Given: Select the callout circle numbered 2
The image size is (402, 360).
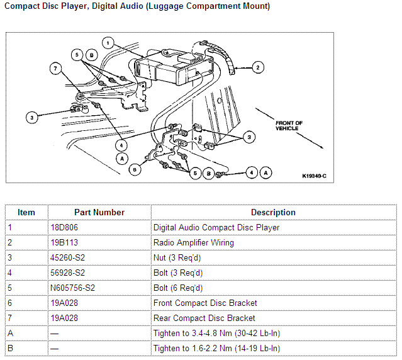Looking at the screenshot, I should coord(257,66).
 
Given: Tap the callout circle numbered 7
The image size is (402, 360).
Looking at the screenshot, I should coord(55,68).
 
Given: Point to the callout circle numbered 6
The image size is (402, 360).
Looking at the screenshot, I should coord(133,169).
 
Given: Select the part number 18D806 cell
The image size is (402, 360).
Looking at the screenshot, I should coord(64,227).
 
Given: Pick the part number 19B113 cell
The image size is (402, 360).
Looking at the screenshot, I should coord(63,242).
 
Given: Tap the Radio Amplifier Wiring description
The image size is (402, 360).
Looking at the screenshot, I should coord(193,242).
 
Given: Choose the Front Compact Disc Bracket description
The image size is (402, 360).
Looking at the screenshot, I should coord(205,303).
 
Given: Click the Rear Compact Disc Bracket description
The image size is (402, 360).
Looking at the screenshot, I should coord(204,318).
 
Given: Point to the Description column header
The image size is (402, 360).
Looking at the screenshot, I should coord(273,212).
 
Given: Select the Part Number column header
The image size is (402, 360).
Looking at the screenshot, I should coord(99,212).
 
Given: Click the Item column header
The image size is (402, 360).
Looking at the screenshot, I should coord(26,212).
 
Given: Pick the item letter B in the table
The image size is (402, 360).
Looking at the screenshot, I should coord(10,348).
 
